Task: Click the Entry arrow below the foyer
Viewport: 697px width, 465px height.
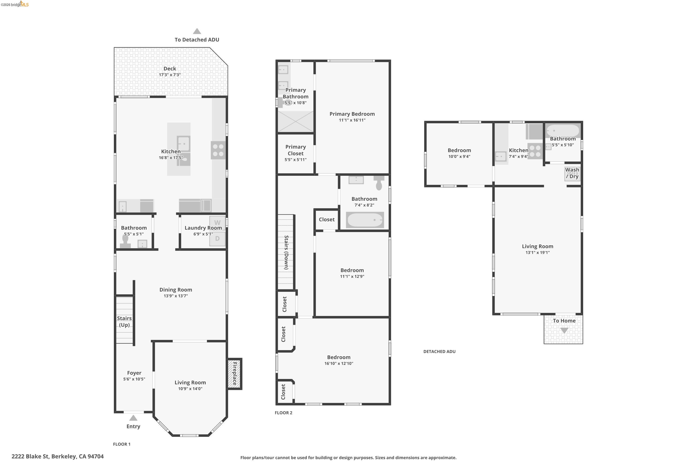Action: click(x=133, y=418)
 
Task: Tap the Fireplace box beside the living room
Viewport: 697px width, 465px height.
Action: click(x=235, y=374)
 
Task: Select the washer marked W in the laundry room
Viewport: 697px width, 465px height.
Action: click(x=217, y=223)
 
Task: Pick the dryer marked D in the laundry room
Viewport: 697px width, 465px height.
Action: click(x=217, y=239)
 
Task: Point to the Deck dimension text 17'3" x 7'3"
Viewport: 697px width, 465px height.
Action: click(x=170, y=75)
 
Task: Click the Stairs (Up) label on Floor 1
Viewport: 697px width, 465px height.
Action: click(x=124, y=322)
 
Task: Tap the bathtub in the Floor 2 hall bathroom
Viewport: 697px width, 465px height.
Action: click(x=365, y=220)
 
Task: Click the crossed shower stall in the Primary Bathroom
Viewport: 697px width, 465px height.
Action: click(x=296, y=122)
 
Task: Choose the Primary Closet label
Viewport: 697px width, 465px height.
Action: click(x=296, y=150)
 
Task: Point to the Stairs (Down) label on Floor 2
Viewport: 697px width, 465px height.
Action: click(x=286, y=252)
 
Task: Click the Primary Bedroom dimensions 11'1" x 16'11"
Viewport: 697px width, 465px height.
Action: click(x=352, y=120)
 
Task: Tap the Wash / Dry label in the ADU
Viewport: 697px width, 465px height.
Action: click(x=572, y=173)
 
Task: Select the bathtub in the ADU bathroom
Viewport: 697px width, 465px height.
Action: click(x=563, y=131)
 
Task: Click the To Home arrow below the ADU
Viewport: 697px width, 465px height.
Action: click(x=564, y=330)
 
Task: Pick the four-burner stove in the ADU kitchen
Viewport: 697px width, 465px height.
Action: click(x=535, y=151)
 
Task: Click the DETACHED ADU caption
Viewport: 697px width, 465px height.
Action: click(x=440, y=351)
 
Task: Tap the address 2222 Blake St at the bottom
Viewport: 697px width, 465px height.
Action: click(x=30, y=456)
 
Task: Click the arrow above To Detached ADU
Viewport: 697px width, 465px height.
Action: click(x=197, y=31)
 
